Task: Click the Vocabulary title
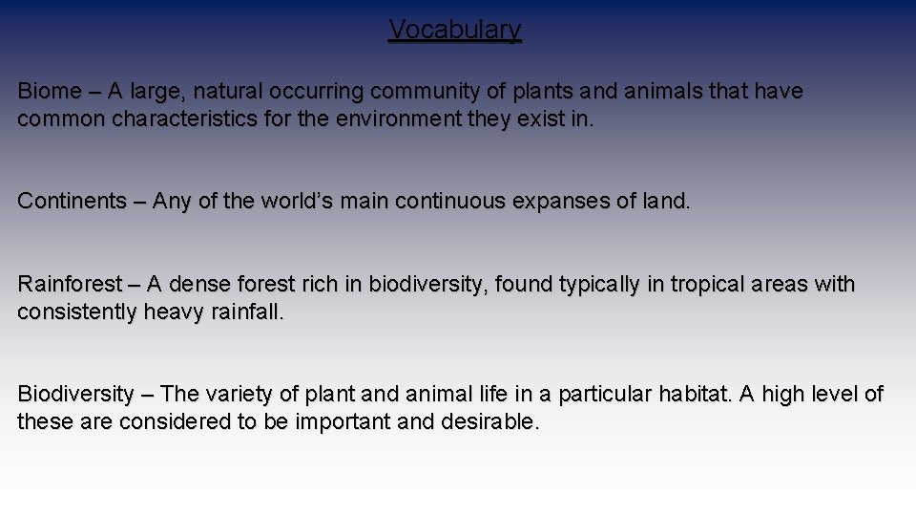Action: coord(455,31)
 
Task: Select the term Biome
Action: coord(50,92)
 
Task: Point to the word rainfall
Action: coord(246,312)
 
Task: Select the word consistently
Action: coord(77,312)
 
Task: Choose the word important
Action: coord(338,422)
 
